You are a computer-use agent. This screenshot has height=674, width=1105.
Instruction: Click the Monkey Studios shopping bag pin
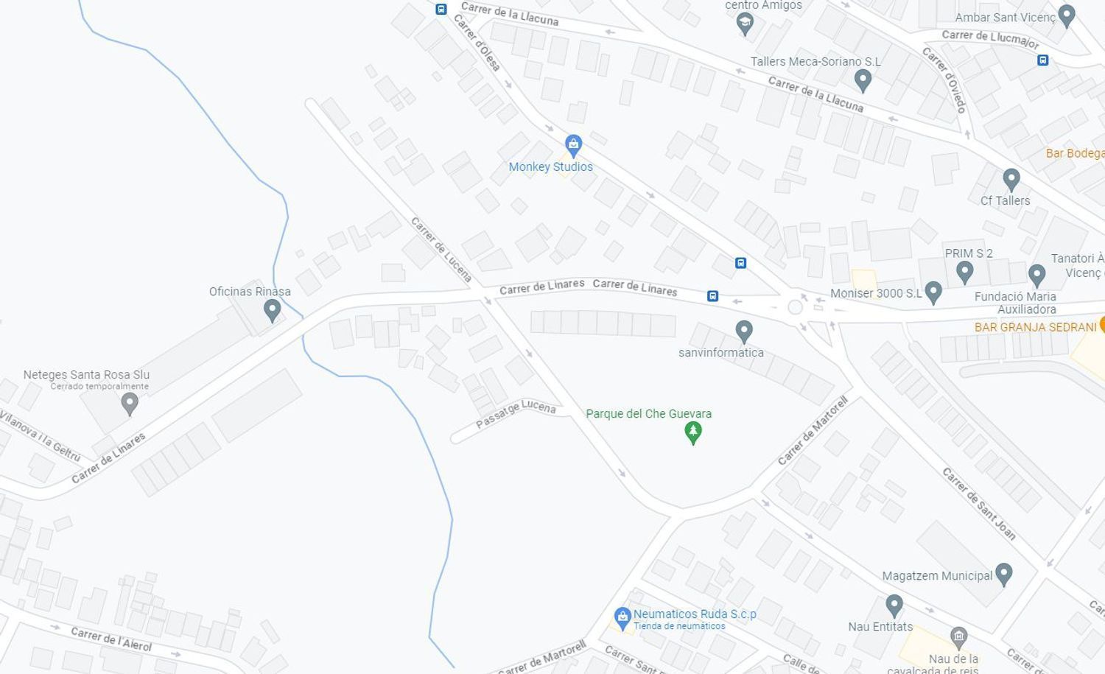point(573,144)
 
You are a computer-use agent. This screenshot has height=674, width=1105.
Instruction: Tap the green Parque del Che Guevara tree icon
point(692,432)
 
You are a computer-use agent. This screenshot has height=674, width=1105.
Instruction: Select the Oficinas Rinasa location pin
point(272,310)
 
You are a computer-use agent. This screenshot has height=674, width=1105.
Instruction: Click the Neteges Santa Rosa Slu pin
point(130,403)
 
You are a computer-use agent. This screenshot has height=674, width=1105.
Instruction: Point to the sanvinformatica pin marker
point(744,331)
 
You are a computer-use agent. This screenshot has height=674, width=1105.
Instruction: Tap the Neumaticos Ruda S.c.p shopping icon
point(622,616)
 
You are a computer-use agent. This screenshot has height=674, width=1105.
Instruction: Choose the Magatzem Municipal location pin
point(1003,574)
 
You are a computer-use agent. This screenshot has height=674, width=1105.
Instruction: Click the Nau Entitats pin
point(894,605)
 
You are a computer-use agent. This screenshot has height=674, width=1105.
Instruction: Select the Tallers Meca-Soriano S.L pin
point(863,80)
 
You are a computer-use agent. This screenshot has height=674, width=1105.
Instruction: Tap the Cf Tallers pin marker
point(1011,178)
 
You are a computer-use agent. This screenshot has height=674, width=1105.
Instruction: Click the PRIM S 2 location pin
point(964,272)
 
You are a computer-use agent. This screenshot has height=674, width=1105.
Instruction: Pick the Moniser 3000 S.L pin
point(933,292)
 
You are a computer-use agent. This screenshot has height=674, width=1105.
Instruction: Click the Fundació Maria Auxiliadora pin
point(1036,275)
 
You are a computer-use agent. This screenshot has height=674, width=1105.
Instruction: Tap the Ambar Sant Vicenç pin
point(1066,15)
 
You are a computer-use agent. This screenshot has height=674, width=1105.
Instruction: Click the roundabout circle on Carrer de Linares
point(795,306)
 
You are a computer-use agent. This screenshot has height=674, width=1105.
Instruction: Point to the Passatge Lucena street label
point(516,413)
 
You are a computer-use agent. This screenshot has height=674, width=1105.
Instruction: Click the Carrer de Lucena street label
point(441,249)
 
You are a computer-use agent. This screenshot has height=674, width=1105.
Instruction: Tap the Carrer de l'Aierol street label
point(111,639)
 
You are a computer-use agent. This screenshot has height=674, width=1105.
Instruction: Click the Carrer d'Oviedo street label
point(944,80)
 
